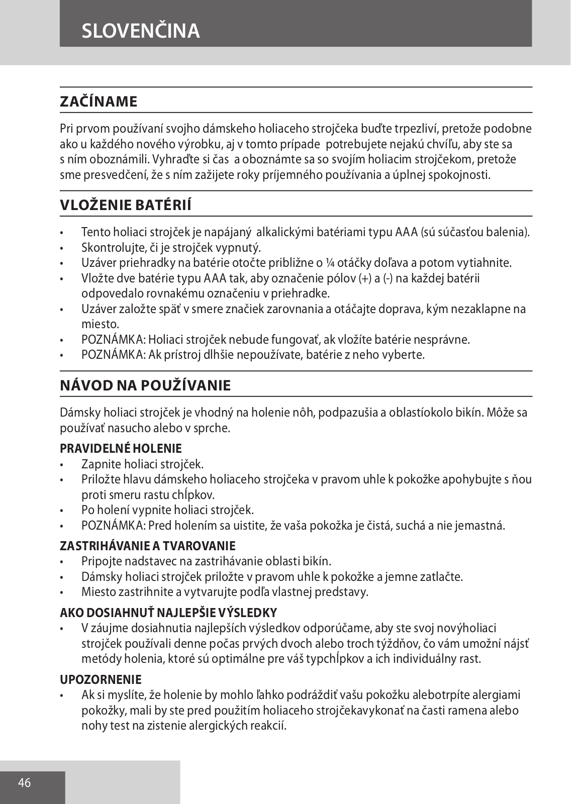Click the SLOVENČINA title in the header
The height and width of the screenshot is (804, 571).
coord(141,31)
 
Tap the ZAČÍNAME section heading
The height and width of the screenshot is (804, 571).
coord(99,102)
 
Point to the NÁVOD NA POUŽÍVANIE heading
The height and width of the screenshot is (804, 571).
coord(145,385)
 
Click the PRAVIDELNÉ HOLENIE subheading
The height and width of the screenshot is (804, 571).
coord(121,448)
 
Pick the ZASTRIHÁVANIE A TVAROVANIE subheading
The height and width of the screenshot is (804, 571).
coord(148,546)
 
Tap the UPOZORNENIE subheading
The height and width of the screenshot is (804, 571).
coord(101,679)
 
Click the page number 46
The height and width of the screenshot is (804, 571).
coord(24,782)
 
